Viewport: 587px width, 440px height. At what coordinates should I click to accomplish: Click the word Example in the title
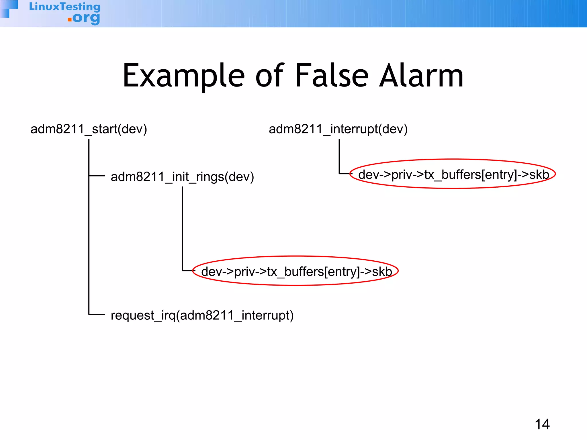click(x=183, y=76)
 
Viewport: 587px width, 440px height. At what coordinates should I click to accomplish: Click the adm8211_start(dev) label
click(x=89, y=129)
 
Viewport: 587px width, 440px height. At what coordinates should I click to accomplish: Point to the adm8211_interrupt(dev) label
click(x=338, y=129)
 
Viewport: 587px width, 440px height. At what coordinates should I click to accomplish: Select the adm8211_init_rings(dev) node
click(x=182, y=177)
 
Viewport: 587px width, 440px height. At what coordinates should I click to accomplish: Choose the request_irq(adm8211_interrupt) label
click(x=202, y=315)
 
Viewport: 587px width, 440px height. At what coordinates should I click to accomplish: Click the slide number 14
click(x=542, y=424)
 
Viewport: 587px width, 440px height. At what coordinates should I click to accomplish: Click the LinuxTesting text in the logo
click(x=65, y=7)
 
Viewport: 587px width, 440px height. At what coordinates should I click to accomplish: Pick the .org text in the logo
click(x=84, y=18)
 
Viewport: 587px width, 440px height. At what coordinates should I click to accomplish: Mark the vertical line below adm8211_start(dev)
click(x=89, y=229)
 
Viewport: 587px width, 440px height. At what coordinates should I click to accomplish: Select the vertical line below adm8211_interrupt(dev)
click(x=339, y=156)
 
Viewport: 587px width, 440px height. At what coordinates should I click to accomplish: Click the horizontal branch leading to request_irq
click(x=97, y=315)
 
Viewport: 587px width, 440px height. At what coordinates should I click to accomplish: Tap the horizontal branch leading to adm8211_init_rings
click(x=97, y=176)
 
